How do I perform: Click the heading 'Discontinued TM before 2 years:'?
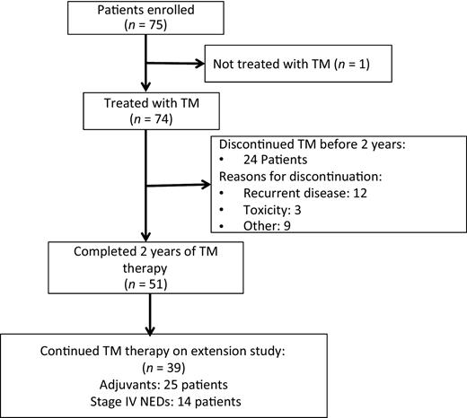(x=321, y=140)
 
